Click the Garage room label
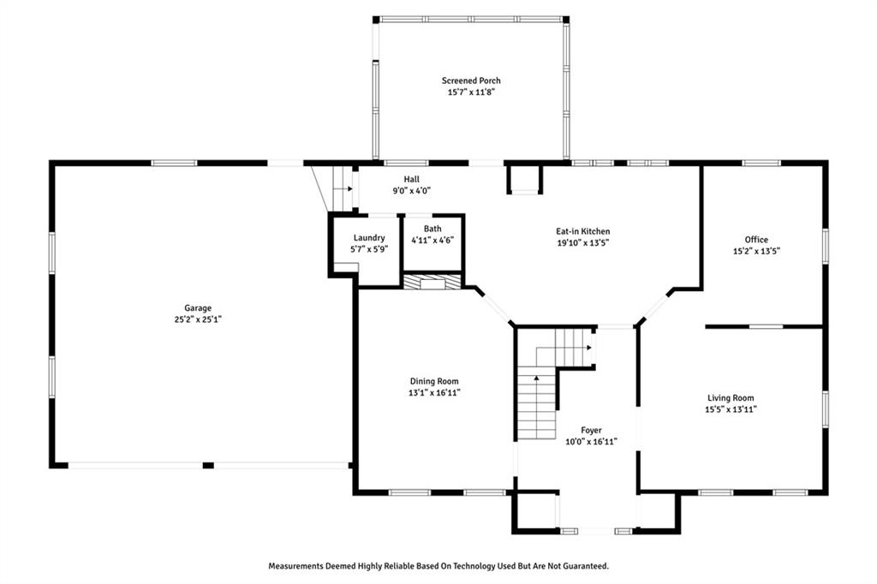click(198, 307)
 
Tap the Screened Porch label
click(471, 80)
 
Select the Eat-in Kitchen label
click(582, 231)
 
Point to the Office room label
click(756, 240)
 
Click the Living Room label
click(731, 397)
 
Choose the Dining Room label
click(434, 381)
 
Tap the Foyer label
click(591, 430)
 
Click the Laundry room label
click(369, 238)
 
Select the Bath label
click(433, 229)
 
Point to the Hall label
click(412, 179)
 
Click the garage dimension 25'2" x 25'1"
click(198, 319)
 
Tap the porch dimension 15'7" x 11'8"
click(471, 92)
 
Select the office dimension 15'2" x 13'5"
click(756, 251)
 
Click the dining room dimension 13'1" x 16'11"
click(434, 393)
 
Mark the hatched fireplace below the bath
click(433, 282)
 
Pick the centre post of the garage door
click(208, 466)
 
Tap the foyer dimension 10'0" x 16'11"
click(591, 442)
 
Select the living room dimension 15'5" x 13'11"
click(731, 409)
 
